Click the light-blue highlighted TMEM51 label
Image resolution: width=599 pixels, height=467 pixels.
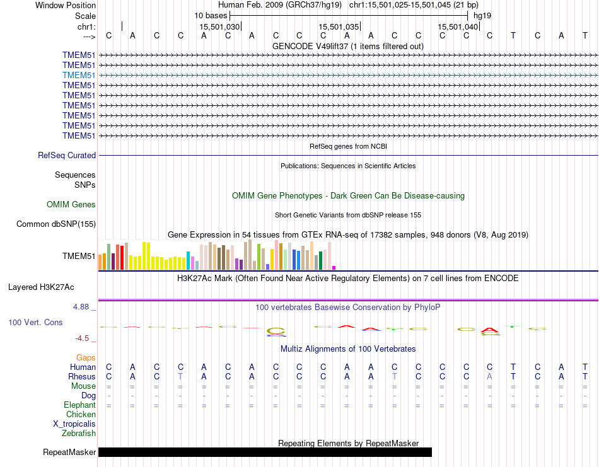point(79,75)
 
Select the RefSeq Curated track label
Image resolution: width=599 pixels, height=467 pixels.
point(67,155)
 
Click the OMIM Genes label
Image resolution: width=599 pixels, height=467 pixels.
point(71,204)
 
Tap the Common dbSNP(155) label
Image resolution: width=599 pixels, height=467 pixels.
point(56,224)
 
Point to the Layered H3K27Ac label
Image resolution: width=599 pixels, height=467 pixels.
point(41,287)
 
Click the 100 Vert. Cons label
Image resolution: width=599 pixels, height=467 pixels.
point(35,322)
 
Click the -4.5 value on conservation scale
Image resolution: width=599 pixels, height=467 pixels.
point(83,338)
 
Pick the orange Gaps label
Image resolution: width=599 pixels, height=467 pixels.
point(86,357)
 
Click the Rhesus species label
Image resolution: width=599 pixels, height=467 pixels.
point(82,376)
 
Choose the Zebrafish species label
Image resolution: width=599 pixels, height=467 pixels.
point(79,433)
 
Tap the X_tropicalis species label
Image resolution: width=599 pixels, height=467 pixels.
point(74,424)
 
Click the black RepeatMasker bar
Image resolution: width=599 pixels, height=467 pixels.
point(265,452)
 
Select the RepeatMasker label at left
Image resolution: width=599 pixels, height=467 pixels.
point(69,452)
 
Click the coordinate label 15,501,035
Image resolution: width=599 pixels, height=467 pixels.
point(339,26)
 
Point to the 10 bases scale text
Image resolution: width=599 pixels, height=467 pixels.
point(211,15)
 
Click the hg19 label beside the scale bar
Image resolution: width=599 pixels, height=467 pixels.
point(482,15)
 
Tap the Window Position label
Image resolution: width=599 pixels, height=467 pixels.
point(66,5)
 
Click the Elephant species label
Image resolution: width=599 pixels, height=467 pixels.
point(79,405)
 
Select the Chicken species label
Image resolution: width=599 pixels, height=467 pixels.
point(81,414)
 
